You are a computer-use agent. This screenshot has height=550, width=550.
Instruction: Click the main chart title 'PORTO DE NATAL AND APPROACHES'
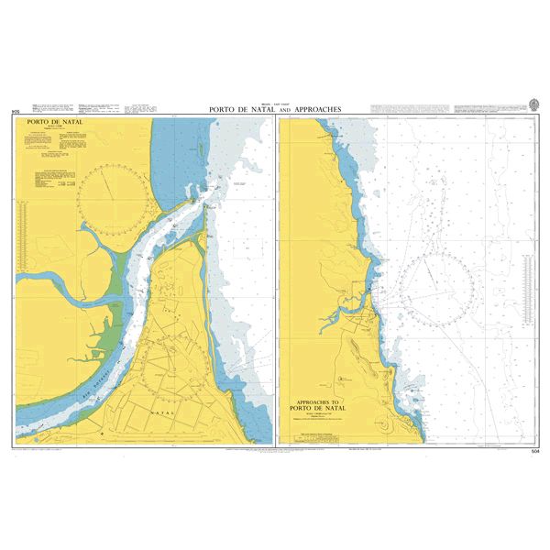coord(274,109)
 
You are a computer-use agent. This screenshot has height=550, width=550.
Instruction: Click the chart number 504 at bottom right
coord(534,451)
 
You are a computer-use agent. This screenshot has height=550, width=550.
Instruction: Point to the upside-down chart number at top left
coord(14,112)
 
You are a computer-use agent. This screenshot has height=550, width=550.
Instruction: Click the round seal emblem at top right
coord(534,104)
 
